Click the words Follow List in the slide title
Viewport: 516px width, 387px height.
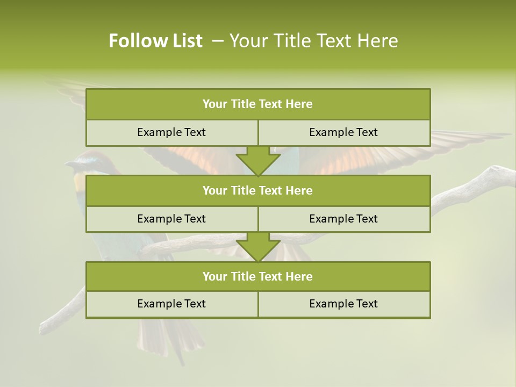click(x=155, y=41)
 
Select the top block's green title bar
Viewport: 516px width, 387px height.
click(x=258, y=104)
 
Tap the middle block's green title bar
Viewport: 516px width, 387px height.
click(x=258, y=190)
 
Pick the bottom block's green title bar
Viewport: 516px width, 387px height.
click(x=258, y=276)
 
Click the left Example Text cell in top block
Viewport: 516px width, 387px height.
click(x=171, y=132)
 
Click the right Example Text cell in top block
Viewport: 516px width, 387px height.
click(x=343, y=132)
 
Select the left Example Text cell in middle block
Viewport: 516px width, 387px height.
click(x=171, y=219)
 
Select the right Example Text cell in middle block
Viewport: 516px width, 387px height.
click(x=343, y=219)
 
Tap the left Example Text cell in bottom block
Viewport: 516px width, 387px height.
click(x=171, y=304)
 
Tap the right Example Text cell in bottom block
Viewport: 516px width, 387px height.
click(x=343, y=304)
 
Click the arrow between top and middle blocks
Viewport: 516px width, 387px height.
click(x=258, y=161)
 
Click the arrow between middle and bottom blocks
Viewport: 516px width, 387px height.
click(x=258, y=247)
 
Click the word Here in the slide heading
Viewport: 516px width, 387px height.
click(x=378, y=41)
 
